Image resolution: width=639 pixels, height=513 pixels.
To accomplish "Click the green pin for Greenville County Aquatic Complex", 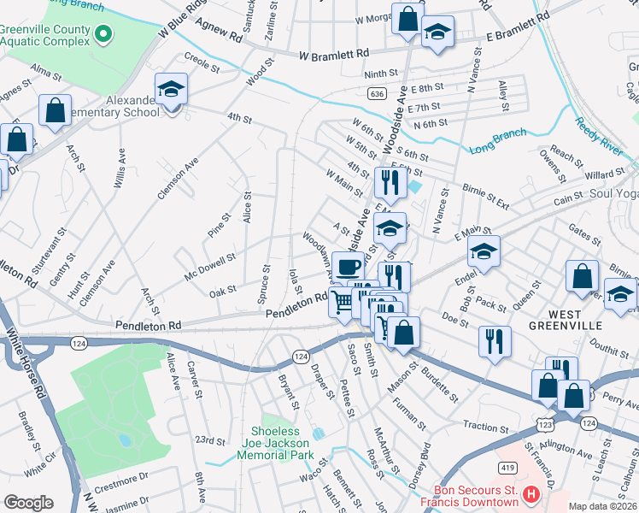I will coord(103,34).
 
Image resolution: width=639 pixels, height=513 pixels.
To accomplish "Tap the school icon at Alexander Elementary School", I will coord(171,90).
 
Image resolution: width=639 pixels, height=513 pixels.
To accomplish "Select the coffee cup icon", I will coord(348,267).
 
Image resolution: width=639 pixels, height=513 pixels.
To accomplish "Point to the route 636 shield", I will coord(376,92).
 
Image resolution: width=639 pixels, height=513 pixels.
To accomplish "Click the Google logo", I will coord(28,503).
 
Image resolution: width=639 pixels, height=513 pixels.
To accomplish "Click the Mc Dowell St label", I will coord(209,266).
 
